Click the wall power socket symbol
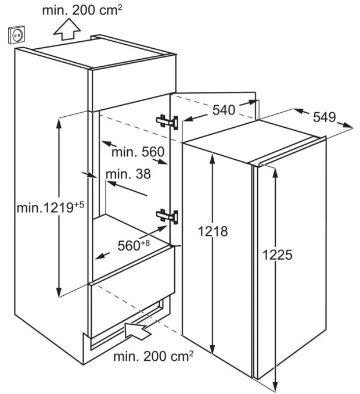point(17,35)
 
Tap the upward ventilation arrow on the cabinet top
point(67,30)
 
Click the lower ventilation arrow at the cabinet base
point(138,331)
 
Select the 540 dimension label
point(224,110)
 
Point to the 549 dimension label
point(325,117)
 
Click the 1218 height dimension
point(213,231)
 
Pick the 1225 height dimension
point(278,255)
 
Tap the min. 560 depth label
point(138,152)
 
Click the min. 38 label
point(128,174)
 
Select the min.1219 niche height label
point(50,207)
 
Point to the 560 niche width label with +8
point(134,245)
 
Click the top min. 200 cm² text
point(82,10)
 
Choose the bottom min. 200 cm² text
point(153,356)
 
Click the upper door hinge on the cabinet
point(167,122)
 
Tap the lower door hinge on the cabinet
point(167,216)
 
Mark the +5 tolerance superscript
point(79,205)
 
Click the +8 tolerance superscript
point(145,243)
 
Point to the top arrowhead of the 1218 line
point(213,158)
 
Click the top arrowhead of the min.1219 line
point(59,123)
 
